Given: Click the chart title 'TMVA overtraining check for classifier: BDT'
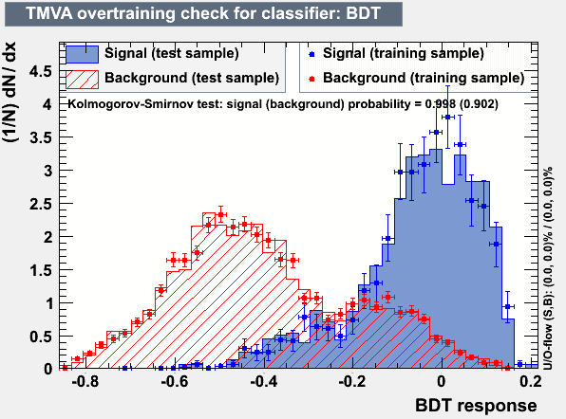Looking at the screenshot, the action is pyautogui.click(x=203, y=13).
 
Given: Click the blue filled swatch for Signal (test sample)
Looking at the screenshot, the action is pyautogui.click(x=82, y=54).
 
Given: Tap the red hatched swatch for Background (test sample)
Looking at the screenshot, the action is pyautogui.click(x=82, y=80).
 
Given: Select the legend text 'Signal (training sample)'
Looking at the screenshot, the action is pyautogui.click(x=404, y=53).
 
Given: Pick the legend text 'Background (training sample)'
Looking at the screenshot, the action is pyautogui.click(x=424, y=78).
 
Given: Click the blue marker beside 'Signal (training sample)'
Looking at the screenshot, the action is pyautogui.click(x=311, y=54).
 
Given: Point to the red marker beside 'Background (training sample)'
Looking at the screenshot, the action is pyautogui.click(x=311, y=79).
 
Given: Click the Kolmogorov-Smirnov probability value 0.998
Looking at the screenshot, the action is pyautogui.click(x=441, y=104).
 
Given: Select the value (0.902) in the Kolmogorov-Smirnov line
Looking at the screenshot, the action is pyautogui.click(x=479, y=104).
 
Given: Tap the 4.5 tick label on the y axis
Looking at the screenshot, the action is pyautogui.click(x=41, y=71).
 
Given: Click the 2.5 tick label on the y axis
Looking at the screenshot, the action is pyautogui.click(x=41, y=204).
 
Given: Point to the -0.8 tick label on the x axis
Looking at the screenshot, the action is pyautogui.click(x=85, y=381).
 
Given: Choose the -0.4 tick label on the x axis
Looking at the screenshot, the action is pyautogui.click(x=264, y=381).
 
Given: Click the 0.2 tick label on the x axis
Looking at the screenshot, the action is pyautogui.click(x=530, y=381).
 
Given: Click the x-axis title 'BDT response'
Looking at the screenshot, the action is pyautogui.click(x=476, y=406).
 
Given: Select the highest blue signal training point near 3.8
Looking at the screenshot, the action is pyautogui.click(x=448, y=118).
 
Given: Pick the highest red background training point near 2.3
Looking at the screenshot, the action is pyautogui.click(x=221, y=215).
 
